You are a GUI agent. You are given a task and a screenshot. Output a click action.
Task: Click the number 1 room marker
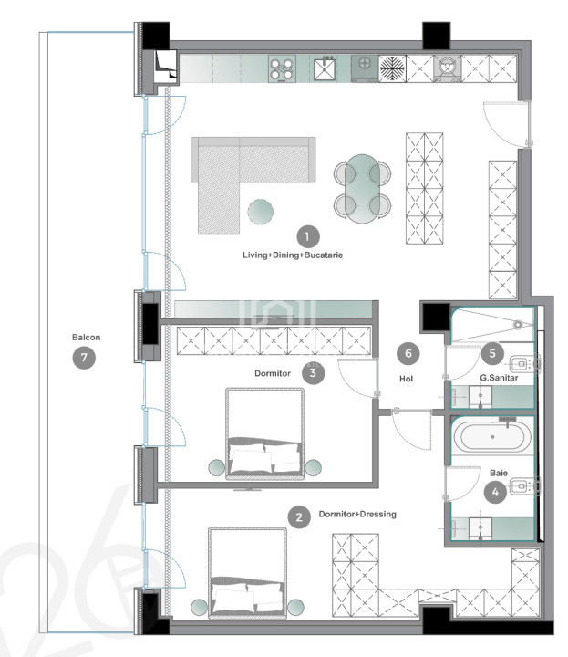[308, 236]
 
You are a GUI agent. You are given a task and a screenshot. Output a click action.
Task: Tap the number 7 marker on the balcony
[84, 358]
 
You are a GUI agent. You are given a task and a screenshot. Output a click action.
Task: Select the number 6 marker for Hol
[408, 353]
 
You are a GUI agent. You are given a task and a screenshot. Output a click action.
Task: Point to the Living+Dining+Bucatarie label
[293, 255]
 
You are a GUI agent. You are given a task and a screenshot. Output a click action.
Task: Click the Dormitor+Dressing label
[357, 514]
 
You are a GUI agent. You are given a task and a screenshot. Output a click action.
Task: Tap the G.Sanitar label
[499, 378]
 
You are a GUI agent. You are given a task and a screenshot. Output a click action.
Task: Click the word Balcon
[87, 338]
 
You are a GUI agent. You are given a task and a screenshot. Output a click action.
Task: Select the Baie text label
[499, 473]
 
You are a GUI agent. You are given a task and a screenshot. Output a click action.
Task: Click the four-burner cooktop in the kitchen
[282, 68]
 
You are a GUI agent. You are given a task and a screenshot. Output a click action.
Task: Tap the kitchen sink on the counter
[325, 68]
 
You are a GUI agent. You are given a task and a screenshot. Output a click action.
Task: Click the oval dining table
[363, 189]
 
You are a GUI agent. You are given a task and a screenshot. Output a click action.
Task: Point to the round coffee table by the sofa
[261, 212]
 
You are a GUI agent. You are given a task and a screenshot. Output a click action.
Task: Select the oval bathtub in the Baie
[492, 437]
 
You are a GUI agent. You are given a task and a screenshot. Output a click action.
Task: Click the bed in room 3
[265, 433]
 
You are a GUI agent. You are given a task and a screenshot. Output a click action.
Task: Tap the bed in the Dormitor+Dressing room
[248, 573]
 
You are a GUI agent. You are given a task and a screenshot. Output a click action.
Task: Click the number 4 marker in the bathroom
[495, 492]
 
